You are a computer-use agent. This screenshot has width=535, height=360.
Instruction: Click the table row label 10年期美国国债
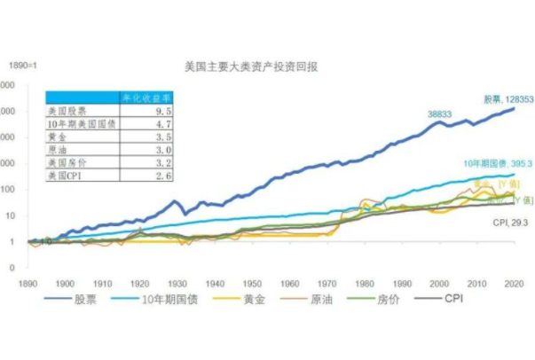click(79, 126)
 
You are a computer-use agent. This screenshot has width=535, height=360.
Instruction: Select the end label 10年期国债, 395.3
click(496, 165)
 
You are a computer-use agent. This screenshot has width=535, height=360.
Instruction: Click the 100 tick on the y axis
click(12, 190)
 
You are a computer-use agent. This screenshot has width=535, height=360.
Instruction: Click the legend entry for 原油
click(323, 300)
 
